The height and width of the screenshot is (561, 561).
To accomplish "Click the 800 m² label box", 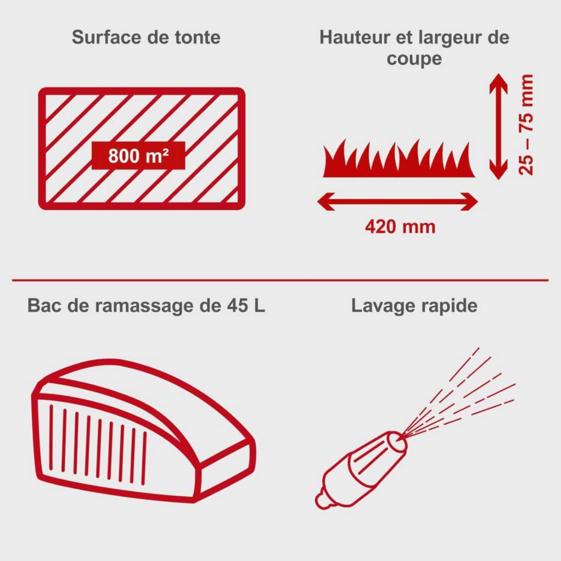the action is click(x=139, y=156).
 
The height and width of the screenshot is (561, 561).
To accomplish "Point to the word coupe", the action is click(x=414, y=59).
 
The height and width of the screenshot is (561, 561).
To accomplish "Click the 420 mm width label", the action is click(x=400, y=227).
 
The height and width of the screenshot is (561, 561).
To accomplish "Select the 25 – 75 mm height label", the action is click(x=526, y=125).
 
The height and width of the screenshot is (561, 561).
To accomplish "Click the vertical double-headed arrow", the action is click(x=498, y=126).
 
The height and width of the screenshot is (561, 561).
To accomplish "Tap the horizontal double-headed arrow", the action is click(x=398, y=201).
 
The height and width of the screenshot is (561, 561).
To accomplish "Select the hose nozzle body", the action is click(x=361, y=469).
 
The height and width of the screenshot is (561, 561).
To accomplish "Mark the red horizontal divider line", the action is click(x=280, y=280).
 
